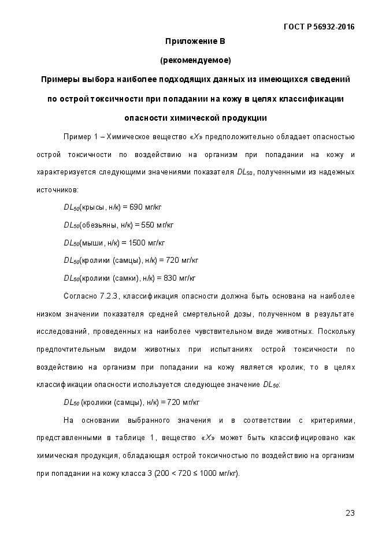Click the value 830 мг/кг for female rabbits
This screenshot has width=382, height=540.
pyautogui.click(x=180, y=277)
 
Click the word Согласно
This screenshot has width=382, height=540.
pyautogui.click(x=79, y=296)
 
